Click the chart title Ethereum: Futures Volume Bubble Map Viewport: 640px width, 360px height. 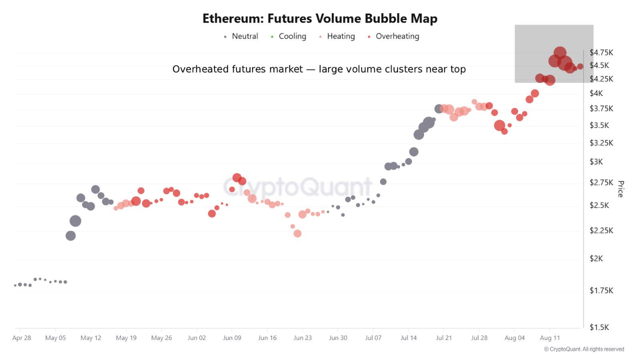tap(319, 18)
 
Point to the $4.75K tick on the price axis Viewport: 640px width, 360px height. tap(601, 52)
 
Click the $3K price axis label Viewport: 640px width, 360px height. tap(596, 162)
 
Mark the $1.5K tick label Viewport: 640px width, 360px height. tap(599, 327)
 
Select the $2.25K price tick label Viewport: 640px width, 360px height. tap(601, 230)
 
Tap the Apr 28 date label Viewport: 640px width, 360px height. tap(21, 338)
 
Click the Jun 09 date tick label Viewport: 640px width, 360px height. tap(232, 338)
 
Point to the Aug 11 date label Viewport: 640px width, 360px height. tap(550, 338)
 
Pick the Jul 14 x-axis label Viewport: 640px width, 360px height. tap(408, 338)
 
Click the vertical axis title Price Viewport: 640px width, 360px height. tap(620, 189)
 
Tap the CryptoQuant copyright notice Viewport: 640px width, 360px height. tap(584, 349)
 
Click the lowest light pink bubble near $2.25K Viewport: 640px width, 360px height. tap(297, 233)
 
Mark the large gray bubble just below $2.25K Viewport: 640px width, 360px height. tap(70, 235)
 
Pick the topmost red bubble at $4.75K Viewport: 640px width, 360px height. tap(560, 53)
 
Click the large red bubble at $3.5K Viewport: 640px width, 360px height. tap(499, 125)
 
